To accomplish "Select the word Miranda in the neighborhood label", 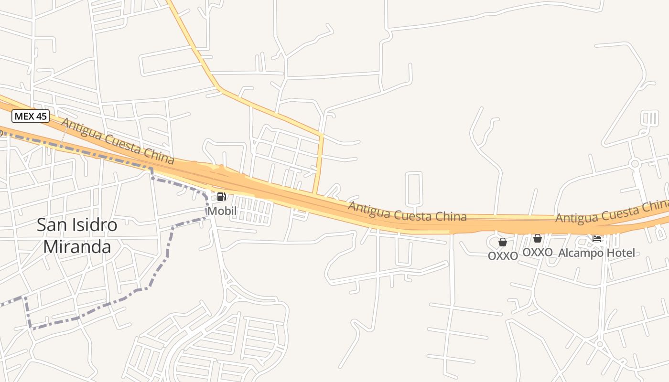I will (x=77, y=246).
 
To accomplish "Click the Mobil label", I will (x=222, y=211).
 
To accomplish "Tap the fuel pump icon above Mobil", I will (x=221, y=197).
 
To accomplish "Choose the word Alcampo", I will (x=581, y=253).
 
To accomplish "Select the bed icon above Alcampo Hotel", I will (x=597, y=238).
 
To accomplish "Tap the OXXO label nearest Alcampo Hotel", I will (x=538, y=252).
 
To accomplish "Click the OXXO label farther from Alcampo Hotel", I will (x=503, y=256).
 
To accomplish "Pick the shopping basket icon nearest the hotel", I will (x=538, y=238).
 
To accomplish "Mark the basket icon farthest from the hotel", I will (x=502, y=242).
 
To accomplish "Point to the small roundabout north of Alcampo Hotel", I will (x=635, y=164).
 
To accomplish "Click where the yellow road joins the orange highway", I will (x=315, y=193).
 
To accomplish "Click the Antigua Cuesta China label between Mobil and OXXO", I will (x=407, y=212).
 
